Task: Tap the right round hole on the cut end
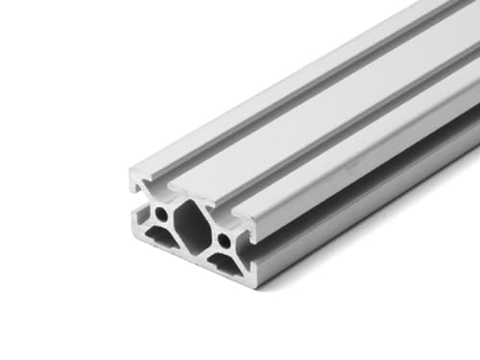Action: (x=225, y=237)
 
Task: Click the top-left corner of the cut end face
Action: (x=131, y=171)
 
